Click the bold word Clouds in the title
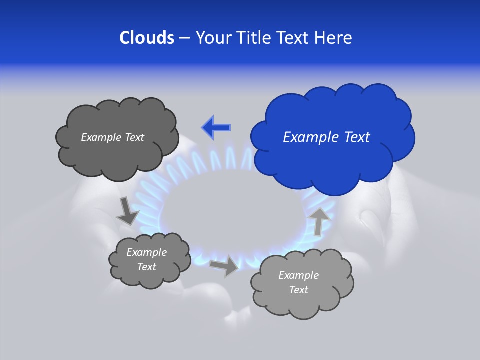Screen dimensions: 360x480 click(x=147, y=38)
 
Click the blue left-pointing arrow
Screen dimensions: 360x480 click(x=216, y=127)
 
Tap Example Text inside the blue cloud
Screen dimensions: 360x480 click(x=326, y=137)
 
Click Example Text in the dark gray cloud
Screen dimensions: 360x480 click(x=112, y=137)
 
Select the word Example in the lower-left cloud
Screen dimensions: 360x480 click(x=146, y=252)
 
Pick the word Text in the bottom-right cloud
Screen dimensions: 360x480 click(x=298, y=290)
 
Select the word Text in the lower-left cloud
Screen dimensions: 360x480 click(x=146, y=267)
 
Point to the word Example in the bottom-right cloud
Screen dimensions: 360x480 click(x=298, y=275)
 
